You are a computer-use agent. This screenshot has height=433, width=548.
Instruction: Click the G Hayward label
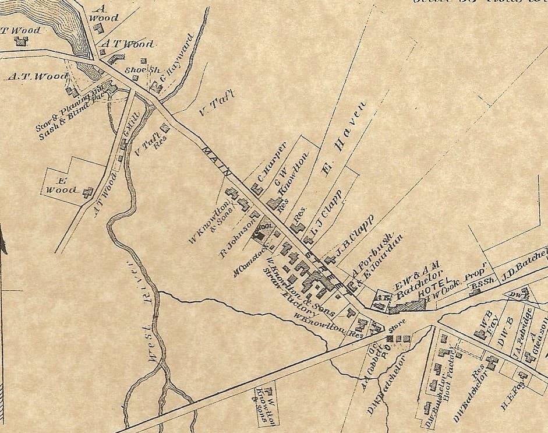(175, 59)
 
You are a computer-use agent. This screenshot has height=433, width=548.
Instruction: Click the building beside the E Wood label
(88, 191)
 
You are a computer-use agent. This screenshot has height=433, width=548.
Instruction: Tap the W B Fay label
(486, 320)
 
